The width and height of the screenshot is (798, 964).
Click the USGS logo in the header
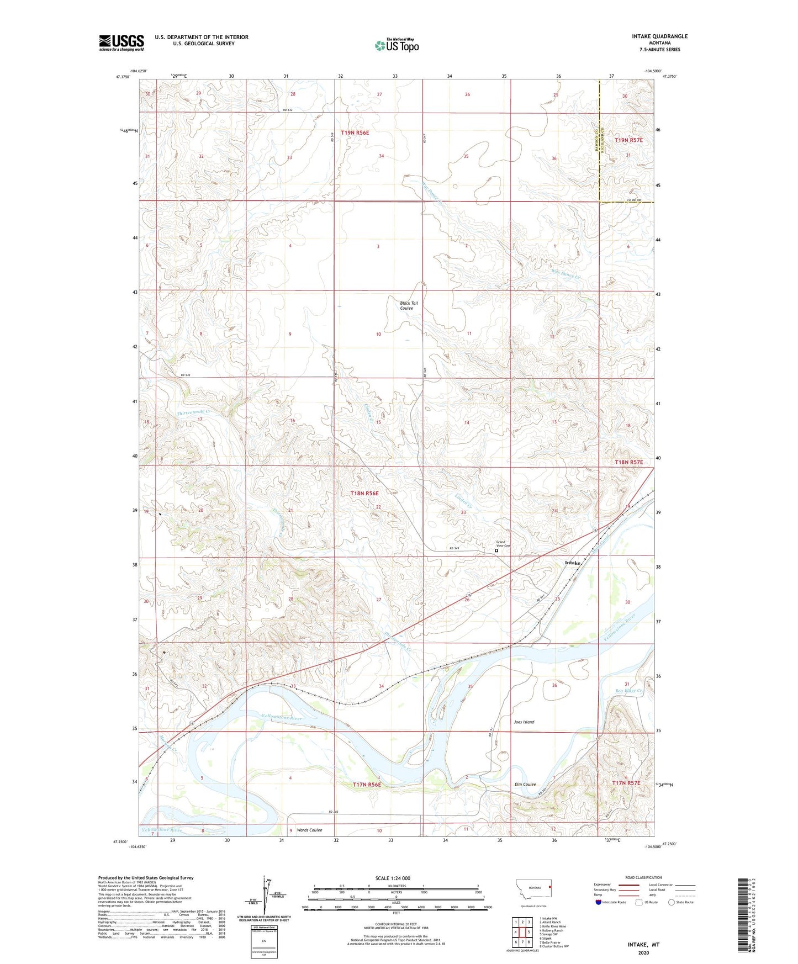click(121, 43)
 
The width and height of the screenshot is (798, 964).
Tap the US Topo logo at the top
click(397, 45)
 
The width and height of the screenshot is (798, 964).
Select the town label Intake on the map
click(572, 563)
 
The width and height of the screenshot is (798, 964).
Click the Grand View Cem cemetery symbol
click(496, 550)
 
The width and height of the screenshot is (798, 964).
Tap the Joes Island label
click(524, 722)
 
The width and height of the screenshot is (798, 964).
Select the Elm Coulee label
click(525, 784)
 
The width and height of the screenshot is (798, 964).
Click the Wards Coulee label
click(309, 830)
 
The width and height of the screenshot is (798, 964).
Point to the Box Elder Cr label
click(628, 690)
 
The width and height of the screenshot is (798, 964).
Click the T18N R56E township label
click(364, 493)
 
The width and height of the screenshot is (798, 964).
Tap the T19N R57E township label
click(628, 140)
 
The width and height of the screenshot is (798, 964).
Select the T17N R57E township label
click(626, 783)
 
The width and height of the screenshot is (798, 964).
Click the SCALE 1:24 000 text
click(392, 878)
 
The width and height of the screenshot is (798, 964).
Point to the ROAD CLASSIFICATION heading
click(643, 877)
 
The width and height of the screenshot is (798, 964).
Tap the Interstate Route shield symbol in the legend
click(599, 902)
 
